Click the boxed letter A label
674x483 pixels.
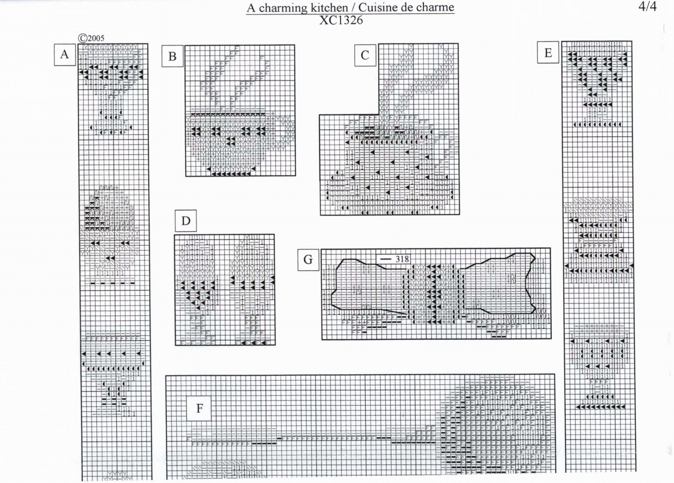pyautogui.click(x=65, y=55)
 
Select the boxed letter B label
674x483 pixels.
pyautogui.click(x=172, y=56)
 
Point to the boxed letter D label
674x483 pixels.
pyautogui.click(x=186, y=221)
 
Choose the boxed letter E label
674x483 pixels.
pyautogui.click(x=548, y=53)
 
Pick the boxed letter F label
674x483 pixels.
pyautogui.click(x=199, y=408)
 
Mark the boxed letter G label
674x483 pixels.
pyautogui.click(x=308, y=259)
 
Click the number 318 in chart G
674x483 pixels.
pyautogui.click(x=402, y=259)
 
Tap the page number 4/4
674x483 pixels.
pyautogui.click(x=647, y=7)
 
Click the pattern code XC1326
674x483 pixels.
pyautogui.click(x=341, y=20)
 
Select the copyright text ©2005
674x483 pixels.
pyautogui.click(x=91, y=38)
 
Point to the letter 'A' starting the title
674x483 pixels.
pyautogui.click(x=251, y=8)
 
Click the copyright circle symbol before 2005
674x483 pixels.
pyautogui.click(x=82, y=38)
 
